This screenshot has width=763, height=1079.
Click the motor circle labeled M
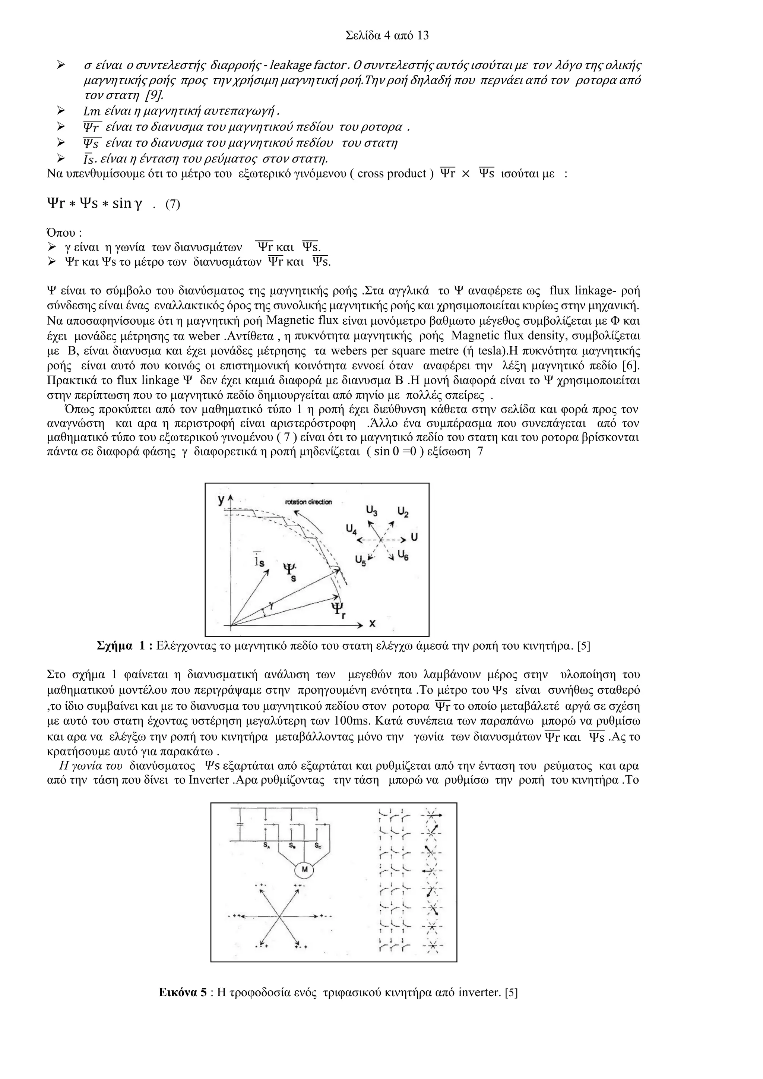click(304, 870)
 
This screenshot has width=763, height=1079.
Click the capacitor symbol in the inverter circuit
click(240, 824)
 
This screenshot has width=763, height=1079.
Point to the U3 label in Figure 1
click(371, 509)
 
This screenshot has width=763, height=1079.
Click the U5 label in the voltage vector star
click(360, 560)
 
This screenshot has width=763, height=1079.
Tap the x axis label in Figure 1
click(372, 623)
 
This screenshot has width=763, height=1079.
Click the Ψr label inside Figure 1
click(338, 611)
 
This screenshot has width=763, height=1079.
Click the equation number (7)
click(172, 204)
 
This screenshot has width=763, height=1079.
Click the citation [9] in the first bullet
click(153, 95)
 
